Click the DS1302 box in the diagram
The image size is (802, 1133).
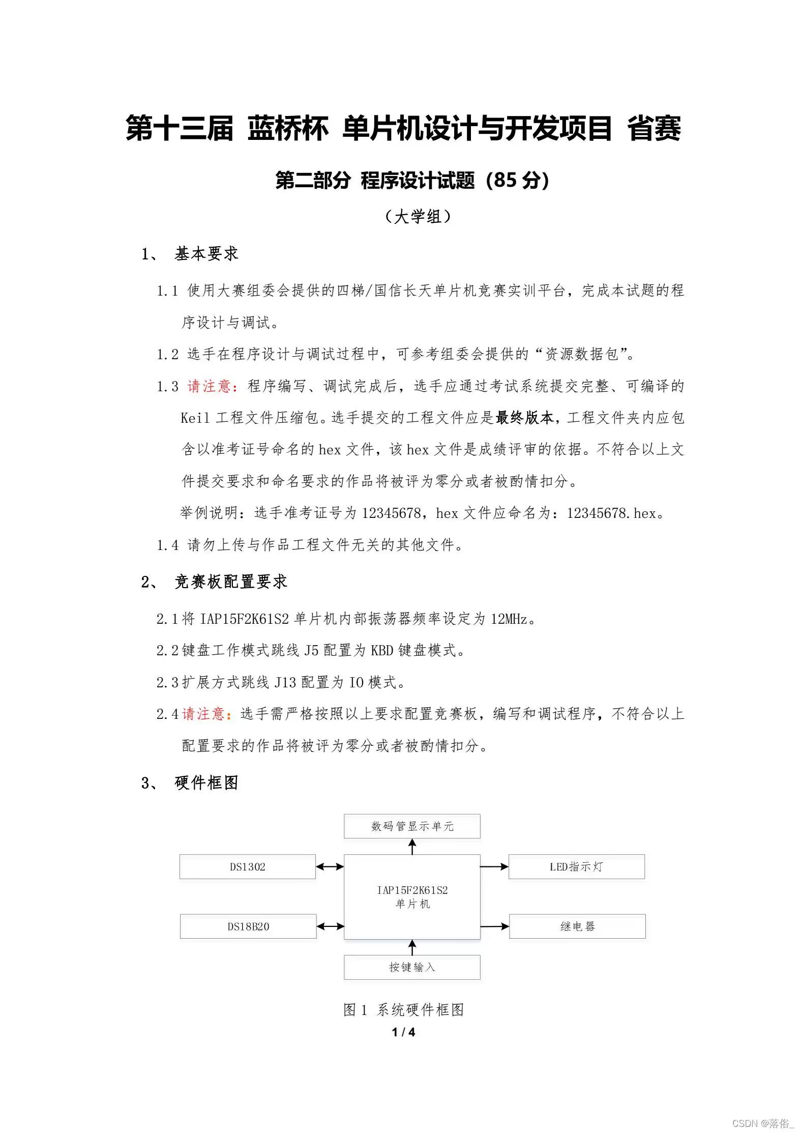click(x=247, y=867)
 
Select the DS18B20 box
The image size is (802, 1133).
click(x=248, y=926)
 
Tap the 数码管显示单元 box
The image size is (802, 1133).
click(x=412, y=826)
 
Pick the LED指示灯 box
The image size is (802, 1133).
click(x=576, y=867)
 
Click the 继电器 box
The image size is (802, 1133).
click(x=577, y=926)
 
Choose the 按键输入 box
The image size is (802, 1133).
click(x=412, y=967)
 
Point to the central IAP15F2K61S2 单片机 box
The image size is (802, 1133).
click(x=412, y=896)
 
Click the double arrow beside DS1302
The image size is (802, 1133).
click(x=330, y=867)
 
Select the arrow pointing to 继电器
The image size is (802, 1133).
click(x=494, y=926)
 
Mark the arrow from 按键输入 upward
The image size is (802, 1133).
click(x=412, y=947)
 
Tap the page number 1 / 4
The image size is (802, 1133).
click(x=404, y=1032)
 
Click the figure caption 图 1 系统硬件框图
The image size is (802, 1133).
click(x=404, y=1010)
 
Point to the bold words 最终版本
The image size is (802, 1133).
click(x=524, y=418)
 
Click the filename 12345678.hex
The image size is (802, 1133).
click(x=611, y=513)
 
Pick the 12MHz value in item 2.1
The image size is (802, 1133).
click(x=509, y=619)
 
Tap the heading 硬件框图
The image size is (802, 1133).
click(x=206, y=783)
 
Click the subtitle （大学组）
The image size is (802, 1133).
click(x=418, y=217)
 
